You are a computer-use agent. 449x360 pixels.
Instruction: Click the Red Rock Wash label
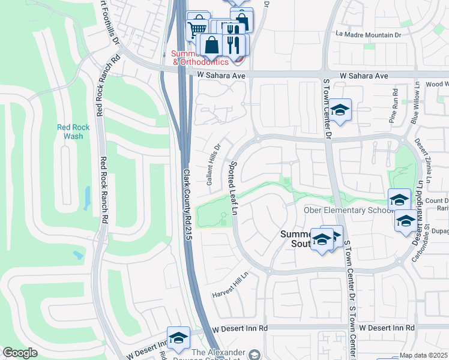pos(73,131)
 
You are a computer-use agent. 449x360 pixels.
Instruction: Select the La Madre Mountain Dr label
pos(368,35)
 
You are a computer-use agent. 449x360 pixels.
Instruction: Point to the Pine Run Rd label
pos(395,106)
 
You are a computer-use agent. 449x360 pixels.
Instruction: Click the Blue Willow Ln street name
pos(415,109)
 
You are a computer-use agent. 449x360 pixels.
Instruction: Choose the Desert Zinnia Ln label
pos(423,161)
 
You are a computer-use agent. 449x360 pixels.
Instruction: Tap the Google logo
pos(20,353)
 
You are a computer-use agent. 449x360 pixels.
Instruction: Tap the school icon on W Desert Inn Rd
pos(178,338)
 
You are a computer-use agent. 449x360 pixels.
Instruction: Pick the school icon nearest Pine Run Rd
pos(340,110)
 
